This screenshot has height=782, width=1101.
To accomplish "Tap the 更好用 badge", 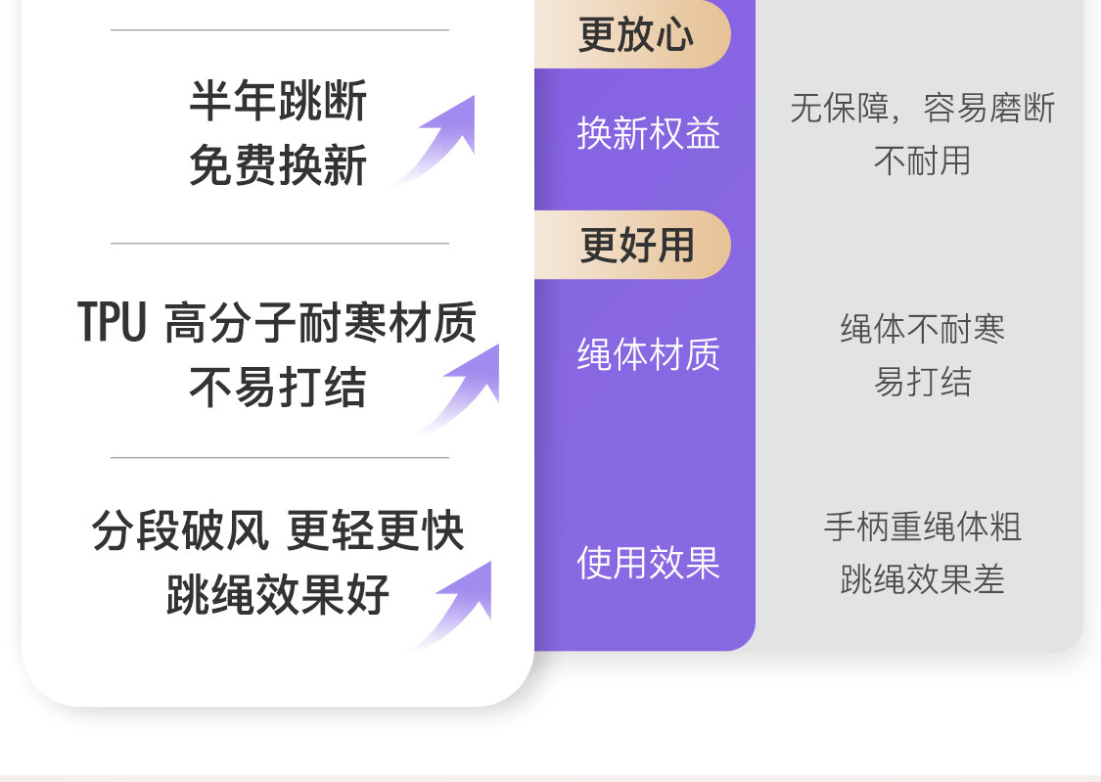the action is (636, 245).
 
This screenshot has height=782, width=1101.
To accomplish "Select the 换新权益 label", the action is (648, 133).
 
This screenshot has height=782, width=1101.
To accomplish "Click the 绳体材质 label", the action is (648, 354).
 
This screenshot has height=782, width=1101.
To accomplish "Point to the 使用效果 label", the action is (648, 563).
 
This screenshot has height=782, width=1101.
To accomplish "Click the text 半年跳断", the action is (278, 101).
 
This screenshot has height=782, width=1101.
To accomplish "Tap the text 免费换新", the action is (278, 164).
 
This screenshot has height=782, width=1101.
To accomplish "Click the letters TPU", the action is (113, 322).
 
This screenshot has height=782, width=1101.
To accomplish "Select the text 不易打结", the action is (278, 388).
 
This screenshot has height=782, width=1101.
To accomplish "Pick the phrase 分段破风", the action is (180, 530).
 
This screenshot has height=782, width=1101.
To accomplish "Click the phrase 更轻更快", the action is (376, 530).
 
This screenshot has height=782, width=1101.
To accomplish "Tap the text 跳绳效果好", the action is (278, 594).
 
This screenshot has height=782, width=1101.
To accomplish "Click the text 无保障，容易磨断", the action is (922, 108).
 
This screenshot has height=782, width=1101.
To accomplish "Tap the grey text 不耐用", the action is (922, 161).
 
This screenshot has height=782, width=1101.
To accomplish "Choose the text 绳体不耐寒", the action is (922, 329).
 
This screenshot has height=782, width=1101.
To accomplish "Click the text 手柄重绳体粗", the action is (922, 528).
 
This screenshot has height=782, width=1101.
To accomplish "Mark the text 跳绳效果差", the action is (922, 580).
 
